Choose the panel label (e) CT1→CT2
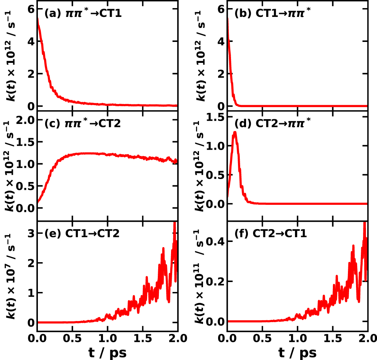pyautogui.click(x=82, y=234)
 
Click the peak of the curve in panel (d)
pyautogui.click(x=235, y=132)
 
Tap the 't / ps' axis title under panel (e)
pyautogui.click(x=107, y=352)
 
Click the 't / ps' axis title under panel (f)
pyautogui.click(x=298, y=352)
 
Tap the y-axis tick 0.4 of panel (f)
pyautogui.click(x=215, y=241)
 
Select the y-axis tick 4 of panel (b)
pyautogui.click(x=221, y=42)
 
